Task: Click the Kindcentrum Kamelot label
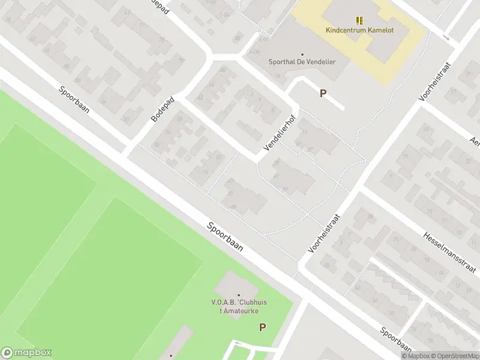click(x=359, y=31)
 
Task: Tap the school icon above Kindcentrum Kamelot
click(x=359, y=20)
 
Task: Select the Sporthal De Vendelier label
click(x=301, y=62)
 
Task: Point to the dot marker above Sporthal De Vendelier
click(x=302, y=54)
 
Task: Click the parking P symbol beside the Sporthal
click(x=323, y=94)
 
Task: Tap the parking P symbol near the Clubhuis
click(x=262, y=327)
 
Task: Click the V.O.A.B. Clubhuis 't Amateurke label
click(x=239, y=305)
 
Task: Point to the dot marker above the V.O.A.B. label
click(x=239, y=295)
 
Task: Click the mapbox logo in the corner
click(x=26, y=353)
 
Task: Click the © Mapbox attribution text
click(x=416, y=356)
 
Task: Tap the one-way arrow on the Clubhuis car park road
click(x=238, y=343)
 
